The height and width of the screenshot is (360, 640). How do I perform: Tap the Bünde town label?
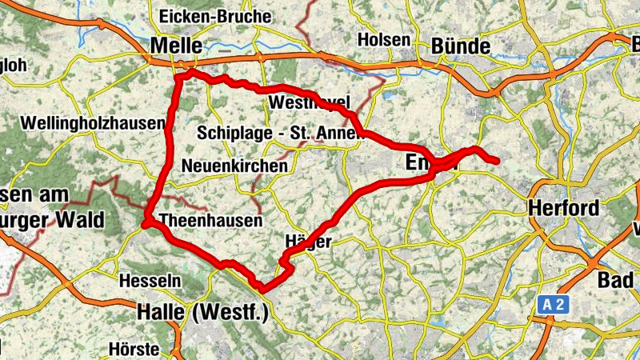[x=459, y=45]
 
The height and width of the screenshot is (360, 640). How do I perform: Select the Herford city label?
[x=563, y=209]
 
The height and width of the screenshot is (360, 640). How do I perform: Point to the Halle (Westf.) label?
[x=202, y=311]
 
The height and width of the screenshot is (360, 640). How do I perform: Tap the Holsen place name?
[x=384, y=39]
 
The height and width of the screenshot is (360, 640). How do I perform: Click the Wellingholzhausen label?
[x=93, y=124]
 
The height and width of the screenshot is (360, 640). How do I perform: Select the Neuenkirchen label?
[x=234, y=166]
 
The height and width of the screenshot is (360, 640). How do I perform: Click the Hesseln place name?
[x=150, y=281]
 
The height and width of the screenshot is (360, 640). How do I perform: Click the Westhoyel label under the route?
[x=310, y=103]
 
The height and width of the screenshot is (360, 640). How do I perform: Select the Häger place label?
[x=307, y=242]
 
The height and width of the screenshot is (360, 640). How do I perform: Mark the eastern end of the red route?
[x=498, y=162]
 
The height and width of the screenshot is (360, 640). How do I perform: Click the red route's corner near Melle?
[x=190, y=73]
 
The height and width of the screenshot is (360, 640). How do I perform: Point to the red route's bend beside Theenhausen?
[x=146, y=225]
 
